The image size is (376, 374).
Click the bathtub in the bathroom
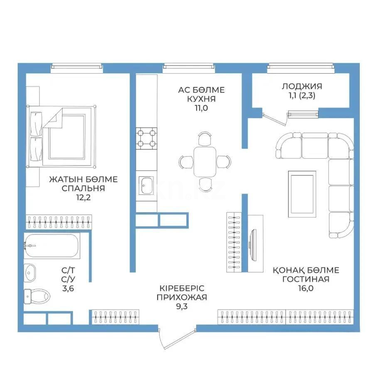point(52,246)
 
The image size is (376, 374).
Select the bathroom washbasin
point(30,273)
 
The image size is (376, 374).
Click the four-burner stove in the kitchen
point(147,138)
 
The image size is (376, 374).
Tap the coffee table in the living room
point(302,187)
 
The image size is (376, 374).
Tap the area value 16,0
point(305,288)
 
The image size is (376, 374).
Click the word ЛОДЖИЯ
point(302,86)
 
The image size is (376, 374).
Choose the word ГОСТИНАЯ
point(305,279)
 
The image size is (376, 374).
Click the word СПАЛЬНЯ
point(83,188)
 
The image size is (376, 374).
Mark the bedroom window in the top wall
point(76,66)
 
